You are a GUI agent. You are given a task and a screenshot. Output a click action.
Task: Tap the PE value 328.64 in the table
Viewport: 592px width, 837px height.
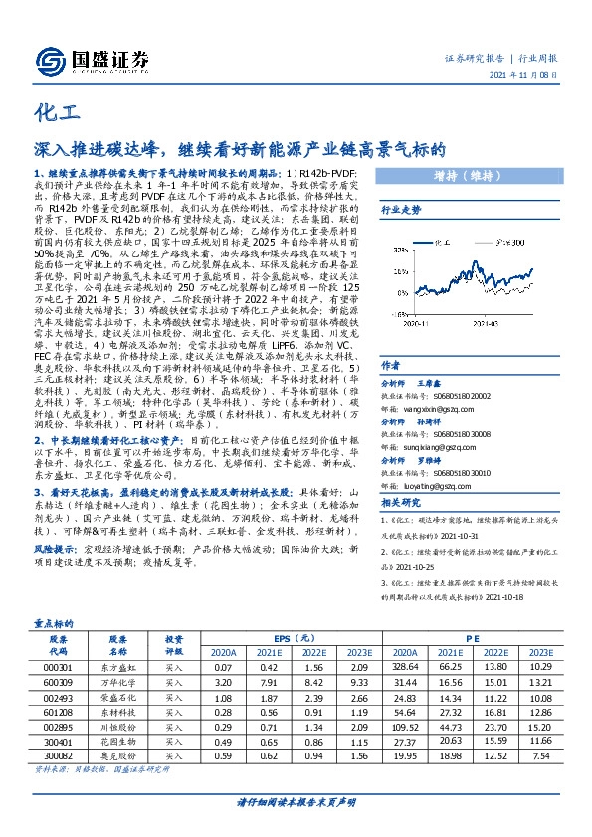click(x=419, y=665)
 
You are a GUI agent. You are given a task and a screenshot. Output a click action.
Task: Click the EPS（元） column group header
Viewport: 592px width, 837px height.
click(x=297, y=638)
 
